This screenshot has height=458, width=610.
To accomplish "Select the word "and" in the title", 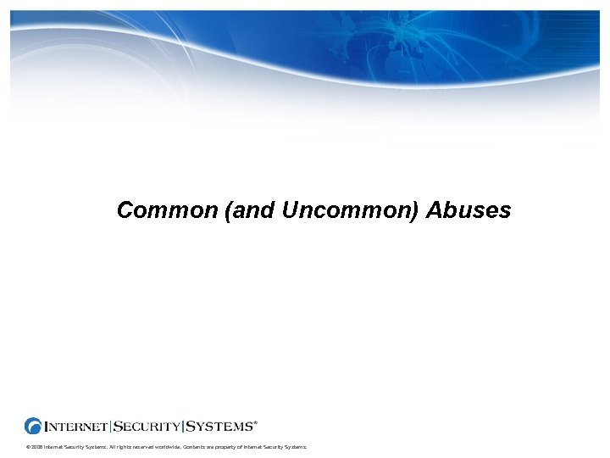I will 252,210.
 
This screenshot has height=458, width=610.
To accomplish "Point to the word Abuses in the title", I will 469,210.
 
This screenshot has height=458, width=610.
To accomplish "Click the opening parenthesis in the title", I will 229,210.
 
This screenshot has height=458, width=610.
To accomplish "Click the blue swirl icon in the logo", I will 34,426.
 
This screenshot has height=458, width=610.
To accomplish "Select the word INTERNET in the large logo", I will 77,426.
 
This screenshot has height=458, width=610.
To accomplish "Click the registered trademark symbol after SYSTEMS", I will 256,421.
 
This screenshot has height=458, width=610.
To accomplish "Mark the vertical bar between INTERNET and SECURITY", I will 111,426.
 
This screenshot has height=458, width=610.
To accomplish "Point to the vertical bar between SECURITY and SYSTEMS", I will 183,426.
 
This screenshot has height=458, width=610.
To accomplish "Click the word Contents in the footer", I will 193,446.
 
